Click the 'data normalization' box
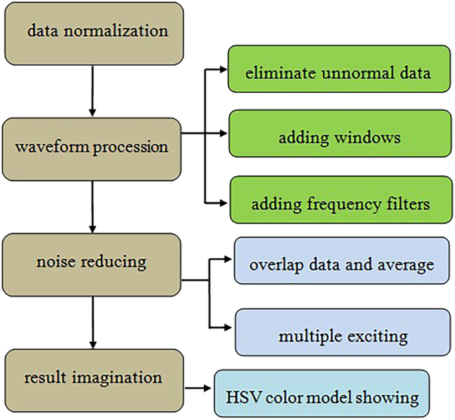[93, 31]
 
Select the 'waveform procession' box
[93, 147]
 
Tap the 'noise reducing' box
[93, 262]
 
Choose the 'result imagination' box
[93, 378]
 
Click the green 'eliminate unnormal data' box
[338, 72]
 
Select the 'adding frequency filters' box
[338, 202]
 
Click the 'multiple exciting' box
[342, 335]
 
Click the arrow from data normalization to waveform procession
[92, 89]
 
